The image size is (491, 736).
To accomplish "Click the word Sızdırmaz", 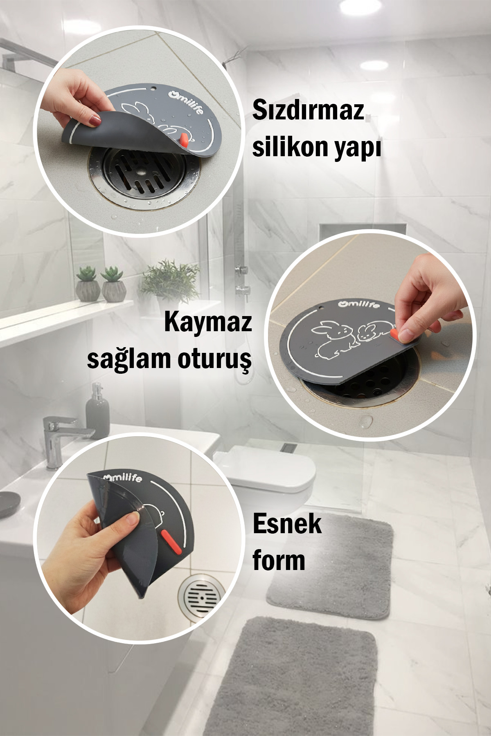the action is [308, 111].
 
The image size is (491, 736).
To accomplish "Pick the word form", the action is [279, 560].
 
